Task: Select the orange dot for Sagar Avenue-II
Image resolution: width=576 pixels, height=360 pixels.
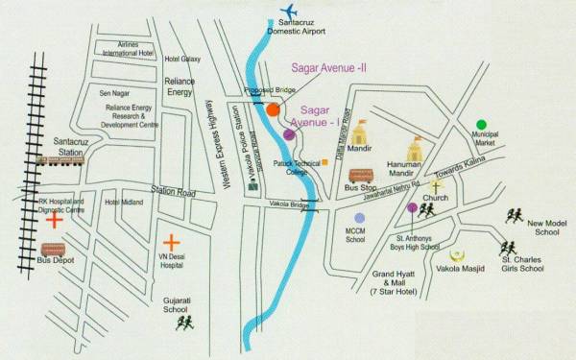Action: click(x=273, y=109)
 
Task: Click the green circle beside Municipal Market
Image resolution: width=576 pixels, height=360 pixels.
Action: click(x=481, y=125)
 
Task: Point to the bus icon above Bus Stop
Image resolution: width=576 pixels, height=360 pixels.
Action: click(x=361, y=177)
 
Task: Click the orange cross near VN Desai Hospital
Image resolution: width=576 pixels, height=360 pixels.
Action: click(x=171, y=243)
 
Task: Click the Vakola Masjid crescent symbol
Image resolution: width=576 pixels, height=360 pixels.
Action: click(x=458, y=255)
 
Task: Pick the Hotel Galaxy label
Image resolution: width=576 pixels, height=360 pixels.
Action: click(x=182, y=60)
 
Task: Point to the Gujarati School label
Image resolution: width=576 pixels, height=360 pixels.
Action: click(x=175, y=304)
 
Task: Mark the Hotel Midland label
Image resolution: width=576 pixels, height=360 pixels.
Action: click(x=124, y=203)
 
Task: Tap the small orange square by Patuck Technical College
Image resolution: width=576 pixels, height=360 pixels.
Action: click(x=325, y=162)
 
